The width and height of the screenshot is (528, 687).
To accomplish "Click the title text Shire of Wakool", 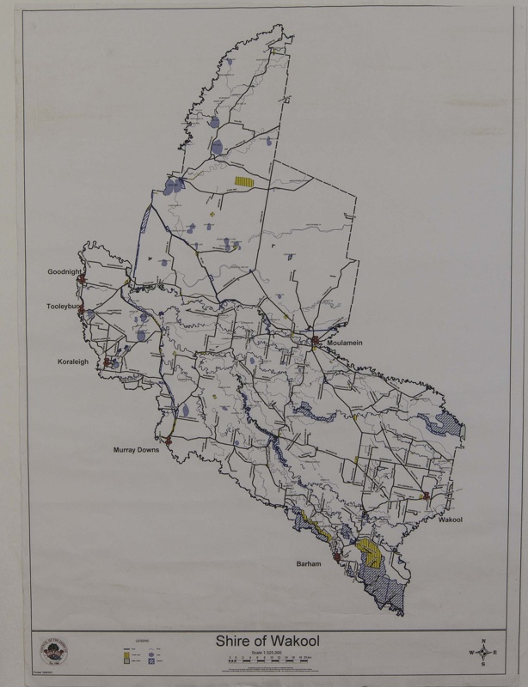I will [263, 642].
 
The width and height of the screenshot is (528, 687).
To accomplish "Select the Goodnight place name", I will [64, 271].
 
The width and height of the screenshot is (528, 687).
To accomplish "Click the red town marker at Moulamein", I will [316, 341].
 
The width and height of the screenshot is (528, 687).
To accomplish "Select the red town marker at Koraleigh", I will [107, 364].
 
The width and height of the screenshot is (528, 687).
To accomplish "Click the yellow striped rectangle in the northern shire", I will [247, 182].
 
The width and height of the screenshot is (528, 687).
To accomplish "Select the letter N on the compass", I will [485, 641].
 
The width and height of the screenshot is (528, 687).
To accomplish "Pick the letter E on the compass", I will [497, 654].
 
